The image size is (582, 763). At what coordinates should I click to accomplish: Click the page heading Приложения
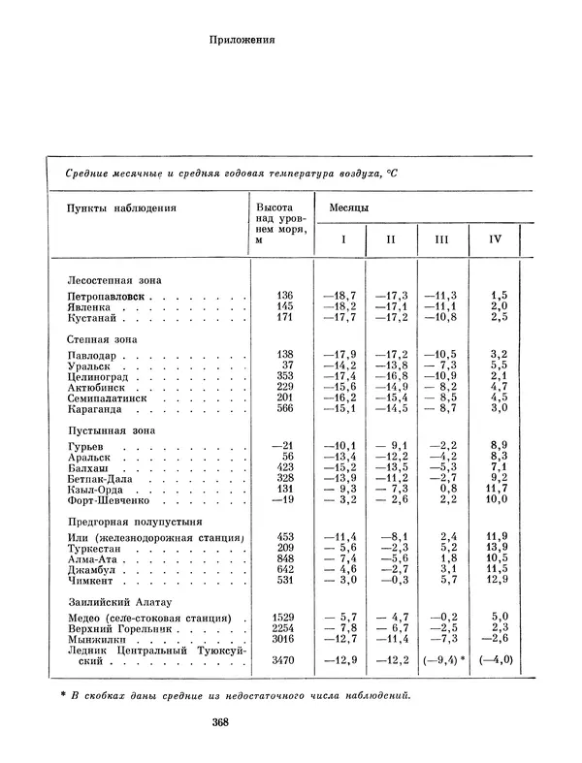pos(242,41)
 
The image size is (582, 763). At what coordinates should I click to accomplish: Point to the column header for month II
pos(391,238)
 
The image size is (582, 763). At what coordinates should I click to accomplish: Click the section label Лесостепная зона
pos(109,277)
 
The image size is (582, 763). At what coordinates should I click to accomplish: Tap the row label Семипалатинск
pos(108,397)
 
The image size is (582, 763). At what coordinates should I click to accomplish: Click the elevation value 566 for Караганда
pos(283,409)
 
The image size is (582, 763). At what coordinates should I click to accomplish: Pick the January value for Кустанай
pos(339,317)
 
